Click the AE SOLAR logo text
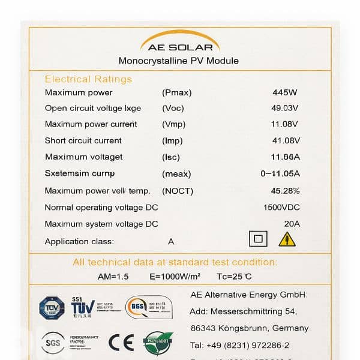pos(179,47)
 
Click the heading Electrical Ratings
pos(88,79)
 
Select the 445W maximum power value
pos(285,93)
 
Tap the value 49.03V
pos(284,109)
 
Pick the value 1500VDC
pos(281,208)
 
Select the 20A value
pos(292,224)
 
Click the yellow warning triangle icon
pos(287,239)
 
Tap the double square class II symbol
pos(258,239)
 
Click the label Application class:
pos(79,242)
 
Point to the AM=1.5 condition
pos(114,277)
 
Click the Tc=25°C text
pos(235,277)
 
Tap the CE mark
pos(121,342)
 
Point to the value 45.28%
pos(285,191)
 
